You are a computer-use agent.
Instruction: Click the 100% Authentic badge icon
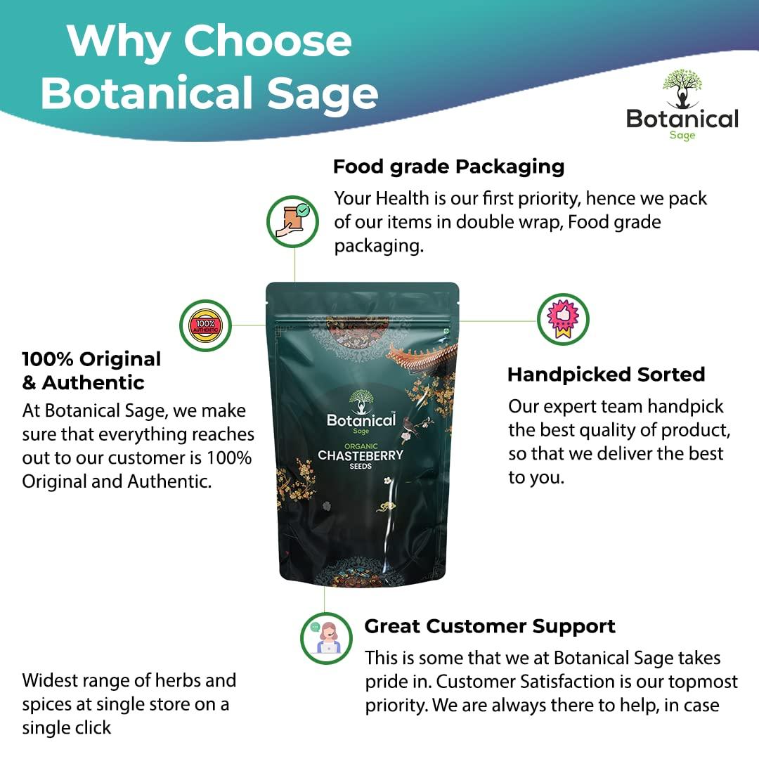[x=205, y=325]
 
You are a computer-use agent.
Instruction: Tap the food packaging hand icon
[x=292, y=221]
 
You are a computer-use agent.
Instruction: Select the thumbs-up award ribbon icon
[x=563, y=320]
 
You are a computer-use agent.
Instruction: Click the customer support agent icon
[x=326, y=638]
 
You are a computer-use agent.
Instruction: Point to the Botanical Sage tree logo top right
[x=682, y=89]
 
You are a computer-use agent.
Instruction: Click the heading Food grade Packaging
[x=448, y=167]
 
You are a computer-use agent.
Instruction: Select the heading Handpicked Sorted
[x=606, y=375]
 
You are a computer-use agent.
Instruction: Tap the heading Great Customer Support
[x=490, y=626]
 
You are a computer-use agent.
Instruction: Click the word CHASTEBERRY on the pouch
[x=361, y=455]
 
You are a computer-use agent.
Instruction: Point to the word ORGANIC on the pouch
[x=361, y=446]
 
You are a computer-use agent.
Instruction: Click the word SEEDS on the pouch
[x=361, y=466]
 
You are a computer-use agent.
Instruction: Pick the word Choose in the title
[x=267, y=41]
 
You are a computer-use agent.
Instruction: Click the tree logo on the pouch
[x=361, y=402]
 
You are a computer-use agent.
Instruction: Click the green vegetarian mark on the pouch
[x=447, y=331]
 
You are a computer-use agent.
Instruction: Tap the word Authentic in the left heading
[x=93, y=383]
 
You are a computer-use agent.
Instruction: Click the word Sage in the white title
[x=323, y=94]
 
